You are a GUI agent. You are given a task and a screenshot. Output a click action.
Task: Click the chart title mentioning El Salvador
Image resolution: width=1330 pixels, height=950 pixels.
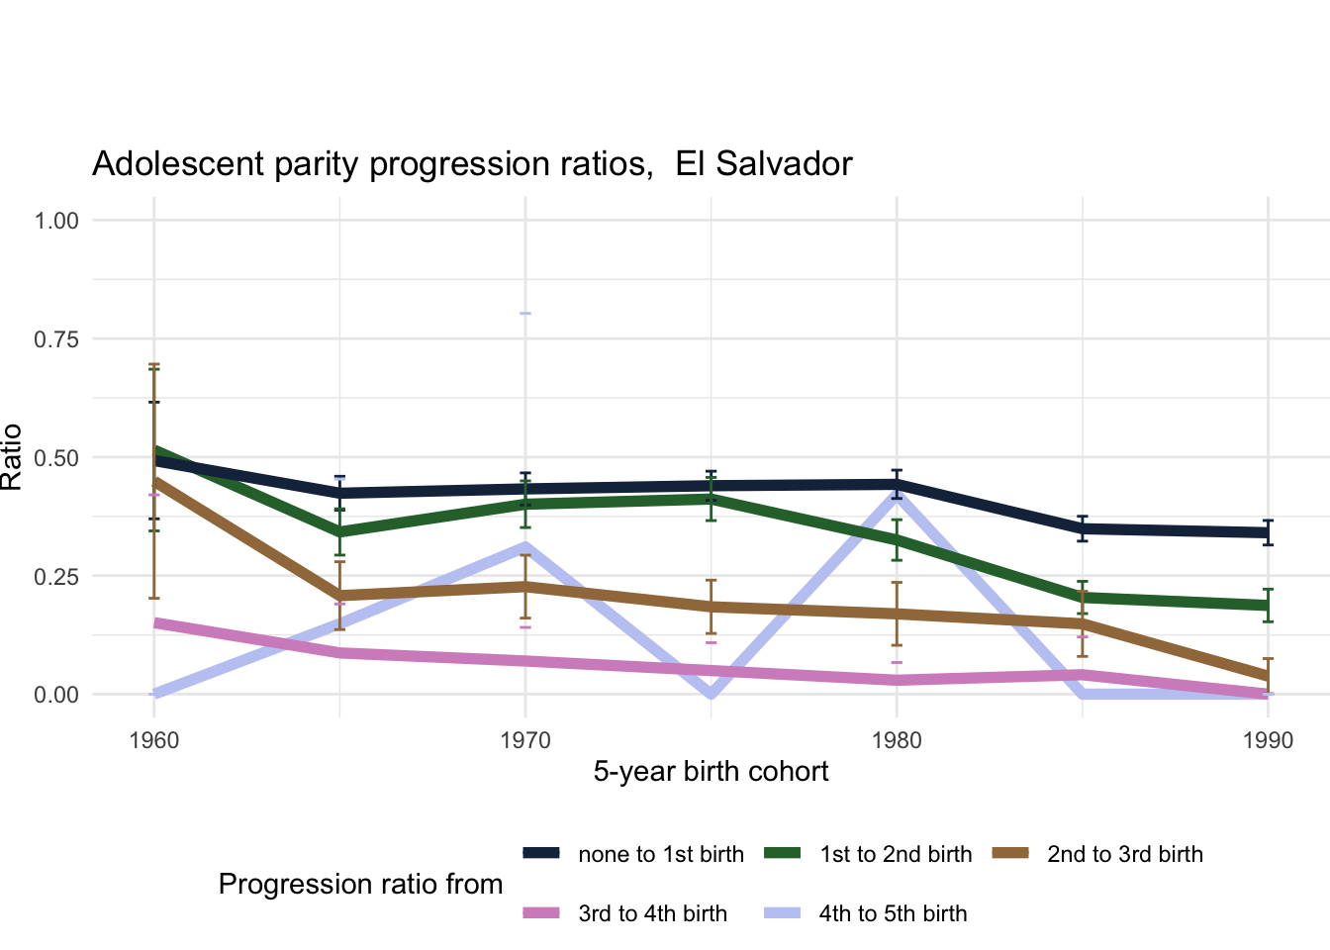(x=472, y=163)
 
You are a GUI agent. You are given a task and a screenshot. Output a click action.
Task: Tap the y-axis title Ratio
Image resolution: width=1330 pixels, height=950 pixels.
(x=12, y=457)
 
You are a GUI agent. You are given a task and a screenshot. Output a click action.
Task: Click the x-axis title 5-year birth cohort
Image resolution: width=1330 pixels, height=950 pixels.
(x=711, y=772)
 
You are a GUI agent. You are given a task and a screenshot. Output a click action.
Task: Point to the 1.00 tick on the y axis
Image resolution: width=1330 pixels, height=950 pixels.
(x=56, y=220)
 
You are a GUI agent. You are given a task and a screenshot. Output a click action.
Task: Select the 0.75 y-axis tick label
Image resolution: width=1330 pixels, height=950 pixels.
(x=56, y=338)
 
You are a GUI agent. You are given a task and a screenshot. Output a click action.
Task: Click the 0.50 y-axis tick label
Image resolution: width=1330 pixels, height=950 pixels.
(x=56, y=457)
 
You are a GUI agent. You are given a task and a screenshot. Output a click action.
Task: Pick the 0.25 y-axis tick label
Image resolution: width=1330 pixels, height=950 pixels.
(x=56, y=576)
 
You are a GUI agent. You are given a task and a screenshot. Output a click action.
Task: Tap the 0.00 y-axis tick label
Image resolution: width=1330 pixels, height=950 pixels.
(x=56, y=695)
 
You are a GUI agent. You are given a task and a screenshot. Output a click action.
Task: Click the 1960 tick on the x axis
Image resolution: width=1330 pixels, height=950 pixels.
(x=154, y=740)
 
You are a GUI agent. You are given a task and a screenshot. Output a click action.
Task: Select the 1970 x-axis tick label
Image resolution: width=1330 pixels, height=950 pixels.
(x=525, y=740)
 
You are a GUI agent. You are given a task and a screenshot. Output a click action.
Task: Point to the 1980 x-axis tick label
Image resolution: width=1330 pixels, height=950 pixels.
(x=897, y=740)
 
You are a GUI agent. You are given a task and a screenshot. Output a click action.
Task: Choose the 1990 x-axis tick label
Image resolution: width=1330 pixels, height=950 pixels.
(x=1268, y=740)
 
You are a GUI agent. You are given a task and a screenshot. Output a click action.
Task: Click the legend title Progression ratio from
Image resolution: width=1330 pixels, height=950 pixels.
(x=360, y=885)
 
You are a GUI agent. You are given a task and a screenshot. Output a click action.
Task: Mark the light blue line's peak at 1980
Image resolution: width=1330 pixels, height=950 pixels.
(x=897, y=492)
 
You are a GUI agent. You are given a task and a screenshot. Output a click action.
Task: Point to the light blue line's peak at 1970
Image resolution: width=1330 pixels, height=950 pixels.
(x=525, y=545)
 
